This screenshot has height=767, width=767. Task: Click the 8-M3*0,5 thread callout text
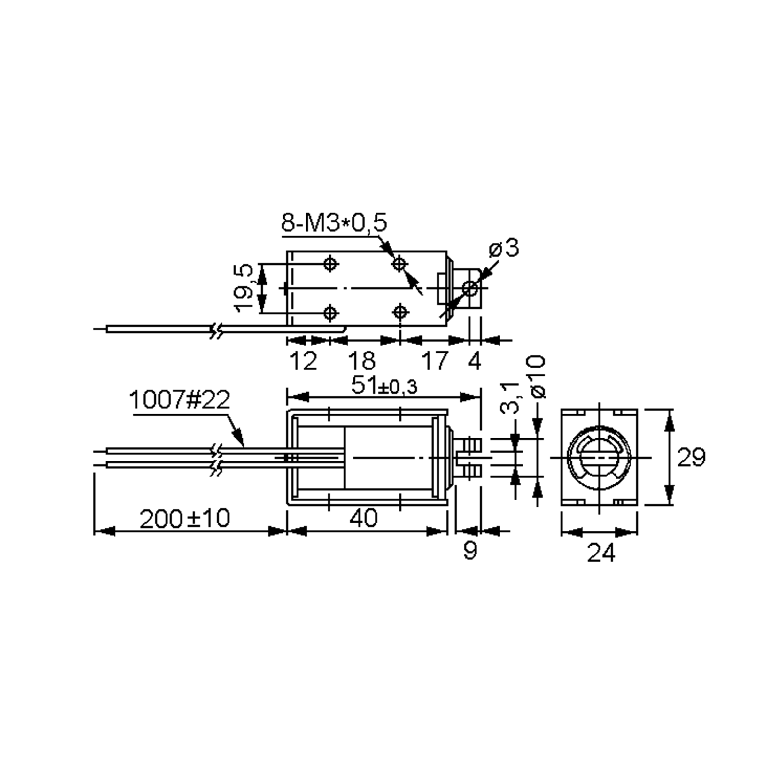[333, 223]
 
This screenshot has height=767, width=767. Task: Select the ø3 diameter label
[504, 248]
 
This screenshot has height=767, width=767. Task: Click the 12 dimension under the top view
[303, 361]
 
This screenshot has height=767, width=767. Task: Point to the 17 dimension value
[435, 361]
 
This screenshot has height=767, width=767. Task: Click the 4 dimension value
[474, 361]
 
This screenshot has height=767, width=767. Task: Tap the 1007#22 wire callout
[179, 400]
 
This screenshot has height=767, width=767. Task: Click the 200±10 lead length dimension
[185, 518]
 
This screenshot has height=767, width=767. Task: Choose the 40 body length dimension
[363, 518]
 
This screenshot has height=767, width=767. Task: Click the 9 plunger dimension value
[470, 551]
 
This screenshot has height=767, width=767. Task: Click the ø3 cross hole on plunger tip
[470, 288]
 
